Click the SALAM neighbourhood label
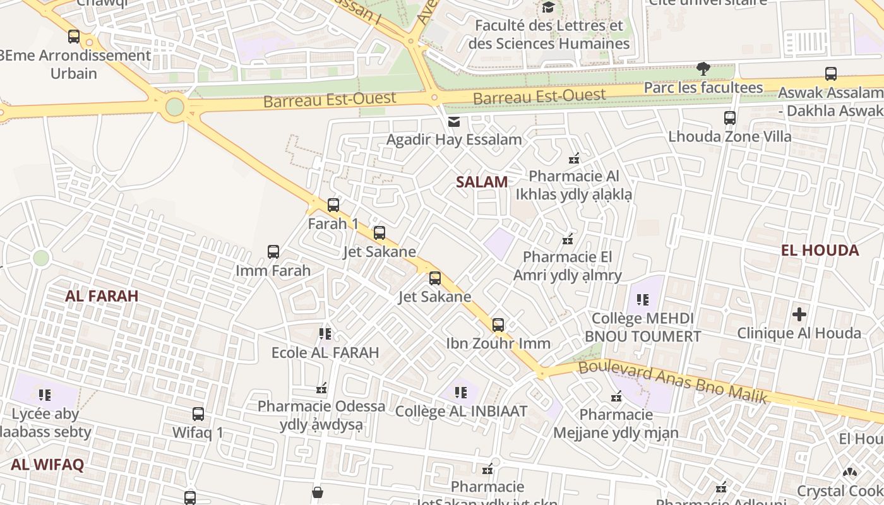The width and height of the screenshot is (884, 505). [482, 182]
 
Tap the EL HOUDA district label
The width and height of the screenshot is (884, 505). [820, 250]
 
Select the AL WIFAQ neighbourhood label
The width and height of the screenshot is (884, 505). [47, 465]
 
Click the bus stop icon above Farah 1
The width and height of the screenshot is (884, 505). [333, 205]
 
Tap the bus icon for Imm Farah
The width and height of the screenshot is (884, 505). [273, 252]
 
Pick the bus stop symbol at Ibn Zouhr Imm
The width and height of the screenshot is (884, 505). [498, 325]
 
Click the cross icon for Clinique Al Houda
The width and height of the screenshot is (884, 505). [799, 314]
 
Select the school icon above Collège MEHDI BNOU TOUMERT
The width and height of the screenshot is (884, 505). [643, 300]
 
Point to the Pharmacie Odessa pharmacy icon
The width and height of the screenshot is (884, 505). [321, 388]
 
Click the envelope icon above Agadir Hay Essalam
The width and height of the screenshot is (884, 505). [454, 122]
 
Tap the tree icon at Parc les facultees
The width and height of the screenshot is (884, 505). [703, 68]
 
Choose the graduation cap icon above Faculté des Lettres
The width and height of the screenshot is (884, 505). [548, 8]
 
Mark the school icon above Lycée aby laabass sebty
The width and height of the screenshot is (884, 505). [44, 395]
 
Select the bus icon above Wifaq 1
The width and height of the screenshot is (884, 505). [198, 414]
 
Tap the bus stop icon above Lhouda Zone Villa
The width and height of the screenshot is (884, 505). [730, 118]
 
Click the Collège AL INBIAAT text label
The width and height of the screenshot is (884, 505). [461, 412]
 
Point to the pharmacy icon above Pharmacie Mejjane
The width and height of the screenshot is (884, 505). [616, 396]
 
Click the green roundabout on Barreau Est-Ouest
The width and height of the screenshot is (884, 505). [175, 107]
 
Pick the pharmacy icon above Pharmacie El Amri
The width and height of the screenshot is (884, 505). [568, 239]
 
